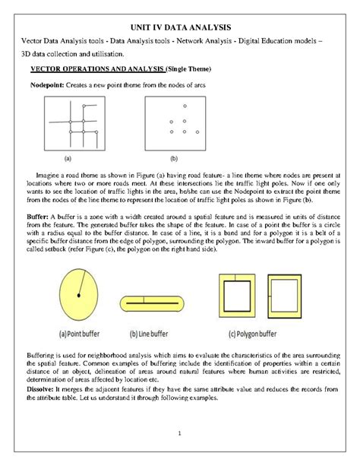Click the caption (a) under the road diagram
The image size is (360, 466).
tap(68, 159)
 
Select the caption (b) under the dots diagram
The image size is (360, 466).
tap(173, 159)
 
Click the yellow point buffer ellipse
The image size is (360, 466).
tap(78, 296)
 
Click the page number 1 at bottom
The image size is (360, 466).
tap(180, 434)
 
